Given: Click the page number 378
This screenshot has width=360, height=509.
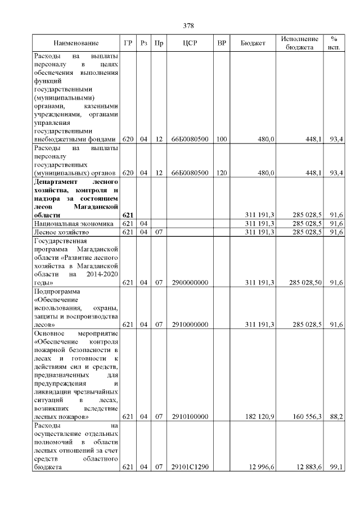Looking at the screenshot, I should coord(188,26).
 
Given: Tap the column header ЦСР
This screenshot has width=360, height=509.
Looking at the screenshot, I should coord(190,43).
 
